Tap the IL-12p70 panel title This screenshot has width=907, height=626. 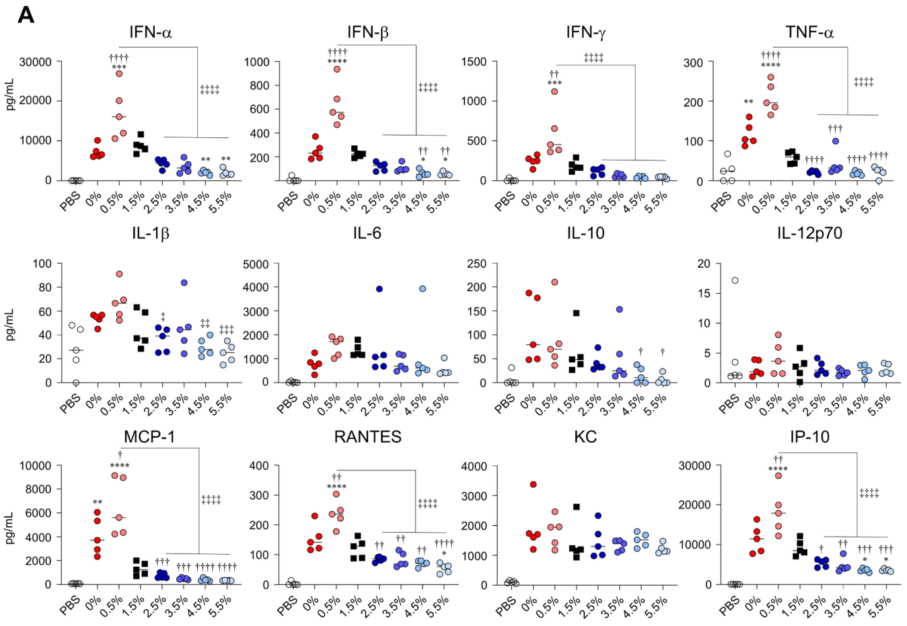pos(809,233)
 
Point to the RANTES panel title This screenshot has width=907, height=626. pos(367,436)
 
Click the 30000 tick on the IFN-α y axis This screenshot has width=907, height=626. pos(36,62)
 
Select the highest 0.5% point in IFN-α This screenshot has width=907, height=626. pos(118,73)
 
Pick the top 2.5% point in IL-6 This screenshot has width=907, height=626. pos(379,289)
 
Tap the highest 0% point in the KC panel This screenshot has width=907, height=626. pos(533,484)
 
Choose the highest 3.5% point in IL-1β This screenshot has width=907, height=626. pos(183,282)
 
